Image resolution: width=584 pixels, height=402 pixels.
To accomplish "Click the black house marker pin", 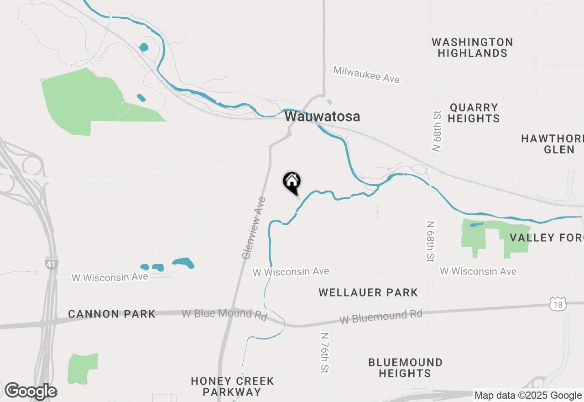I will coord(292,182).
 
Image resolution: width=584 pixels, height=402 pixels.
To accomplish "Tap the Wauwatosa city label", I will coord(322,116).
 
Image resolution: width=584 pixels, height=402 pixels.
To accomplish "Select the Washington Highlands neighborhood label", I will coord(472,48).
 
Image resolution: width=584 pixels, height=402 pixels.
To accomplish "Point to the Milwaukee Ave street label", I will coord(366,74).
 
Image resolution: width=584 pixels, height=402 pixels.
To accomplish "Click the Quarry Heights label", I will coord(474,113).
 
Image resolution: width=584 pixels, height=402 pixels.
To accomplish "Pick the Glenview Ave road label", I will coord(254,228).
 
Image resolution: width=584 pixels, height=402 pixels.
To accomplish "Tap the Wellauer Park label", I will coord(368,292).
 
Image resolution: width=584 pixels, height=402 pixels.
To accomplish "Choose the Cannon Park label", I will coord(112,314).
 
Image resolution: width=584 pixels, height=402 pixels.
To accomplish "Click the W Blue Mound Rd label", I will coord(224,314).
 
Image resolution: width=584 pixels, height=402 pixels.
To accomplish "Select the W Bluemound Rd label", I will coord(381,317).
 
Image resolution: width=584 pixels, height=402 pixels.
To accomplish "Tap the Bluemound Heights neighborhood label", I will coord(405,368).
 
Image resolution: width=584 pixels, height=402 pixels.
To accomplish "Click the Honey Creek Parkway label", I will coord(232,386).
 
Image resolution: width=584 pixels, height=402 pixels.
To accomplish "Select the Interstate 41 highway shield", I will coord(51,263).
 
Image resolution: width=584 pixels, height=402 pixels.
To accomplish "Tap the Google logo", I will coord(31,391).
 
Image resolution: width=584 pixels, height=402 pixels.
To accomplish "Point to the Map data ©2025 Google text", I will coord(528,396).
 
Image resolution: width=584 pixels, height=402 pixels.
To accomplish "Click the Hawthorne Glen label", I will coord(554,144).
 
